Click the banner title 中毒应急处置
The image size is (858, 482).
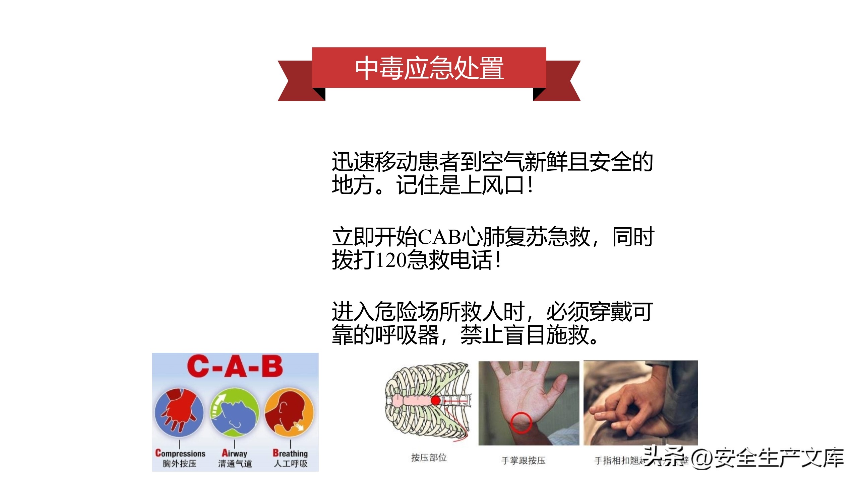[429, 68]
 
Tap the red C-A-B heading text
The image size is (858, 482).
[235, 367]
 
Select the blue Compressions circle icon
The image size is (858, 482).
[179, 413]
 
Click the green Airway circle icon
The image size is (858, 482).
[235, 413]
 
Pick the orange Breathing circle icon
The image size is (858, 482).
[289, 413]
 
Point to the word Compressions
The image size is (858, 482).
[180, 453]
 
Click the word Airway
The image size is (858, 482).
[235, 453]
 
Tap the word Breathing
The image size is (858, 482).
[290, 453]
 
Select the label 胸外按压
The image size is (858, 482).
[180, 464]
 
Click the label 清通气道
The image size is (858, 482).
[235, 464]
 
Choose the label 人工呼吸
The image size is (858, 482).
[291, 464]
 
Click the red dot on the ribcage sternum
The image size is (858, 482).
[435, 400]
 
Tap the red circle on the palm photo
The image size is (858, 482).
[521, 422]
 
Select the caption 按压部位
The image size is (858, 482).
[429, 458]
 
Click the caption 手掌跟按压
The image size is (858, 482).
[523, 461]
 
